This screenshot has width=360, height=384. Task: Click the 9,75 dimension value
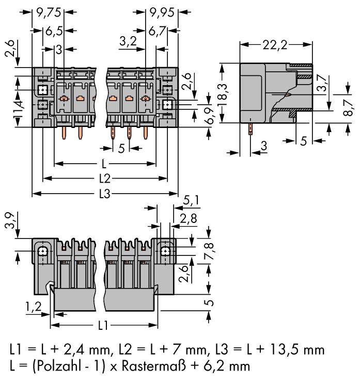point(48,10)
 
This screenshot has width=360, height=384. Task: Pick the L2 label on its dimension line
point(105,179)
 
